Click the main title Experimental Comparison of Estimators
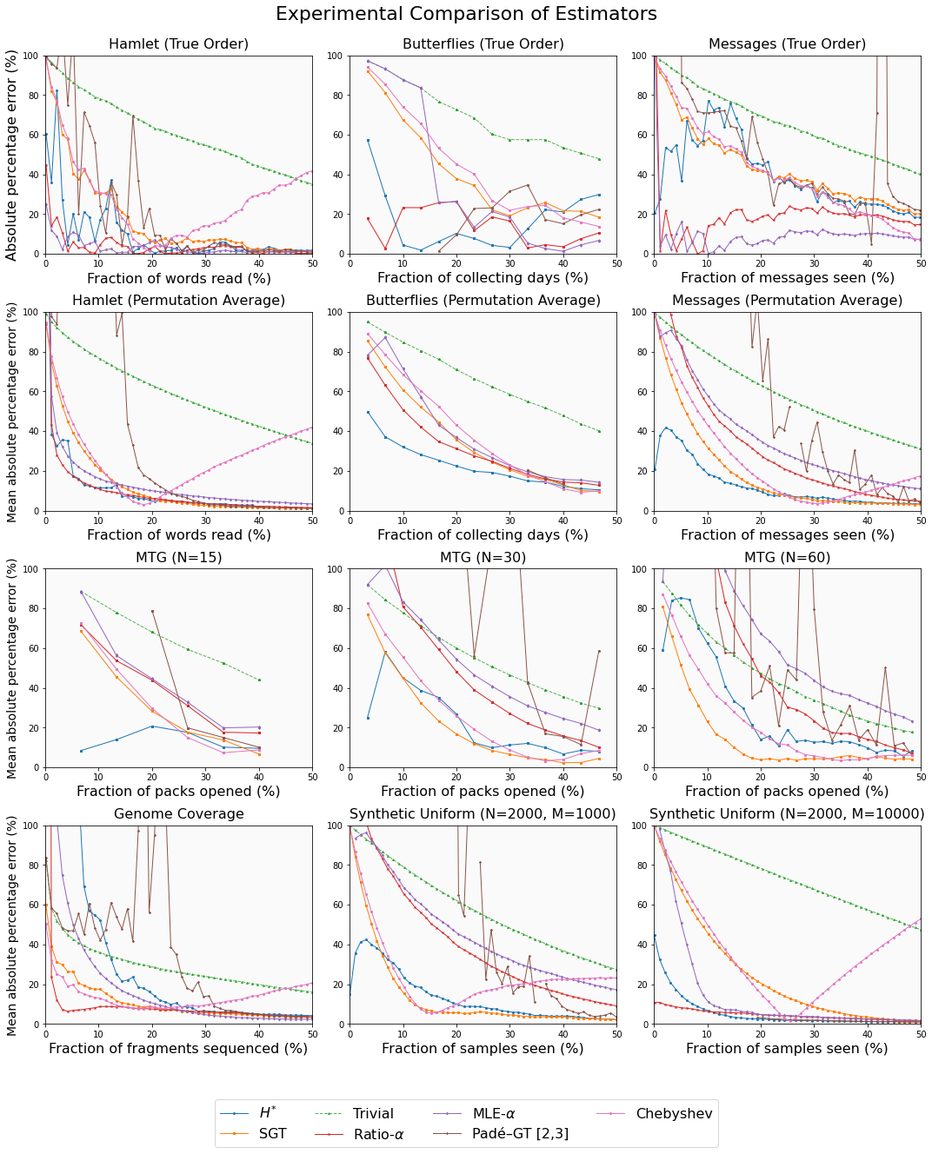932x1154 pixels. (466, 14)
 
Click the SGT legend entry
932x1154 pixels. (272, 1134)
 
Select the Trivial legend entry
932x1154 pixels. (373, 1113)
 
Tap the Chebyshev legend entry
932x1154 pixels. (674, 1113)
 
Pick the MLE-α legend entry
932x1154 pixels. (494, 1113)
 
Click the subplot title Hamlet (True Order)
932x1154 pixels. (178, 44)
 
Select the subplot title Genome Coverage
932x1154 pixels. (178, 814)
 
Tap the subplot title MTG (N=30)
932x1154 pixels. (483, 558)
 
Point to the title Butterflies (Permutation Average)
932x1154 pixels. (483, 301)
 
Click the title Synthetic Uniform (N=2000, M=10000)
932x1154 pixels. (787, 814)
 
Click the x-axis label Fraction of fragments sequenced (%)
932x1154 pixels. (178, 1049)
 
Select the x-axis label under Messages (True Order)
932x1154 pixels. (787, 278)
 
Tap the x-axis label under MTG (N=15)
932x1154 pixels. (178, 792)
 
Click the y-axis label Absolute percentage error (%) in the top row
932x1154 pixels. (12, 155)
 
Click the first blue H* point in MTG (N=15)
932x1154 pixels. (81, 751)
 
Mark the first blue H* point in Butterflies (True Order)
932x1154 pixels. (368, 140)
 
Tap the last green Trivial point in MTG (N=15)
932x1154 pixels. (259, 680)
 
